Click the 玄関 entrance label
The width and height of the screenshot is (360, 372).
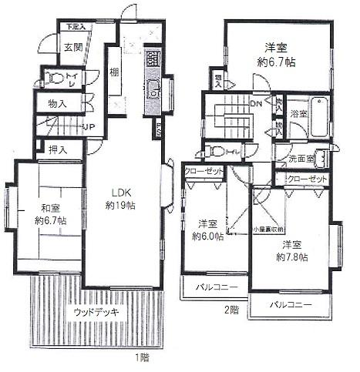tap(72, 47)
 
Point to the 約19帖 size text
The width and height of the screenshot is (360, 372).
tap(120, 206)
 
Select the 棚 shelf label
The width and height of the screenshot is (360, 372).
tap(113, 72)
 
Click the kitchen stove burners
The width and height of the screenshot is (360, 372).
tap(152, 58)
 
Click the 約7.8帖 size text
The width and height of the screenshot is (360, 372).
tap(294, 256)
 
